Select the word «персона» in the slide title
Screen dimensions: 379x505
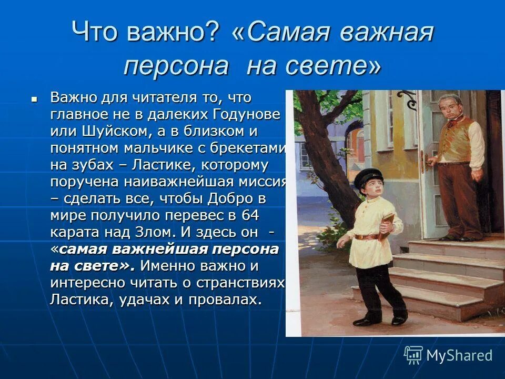(x=176, y=66)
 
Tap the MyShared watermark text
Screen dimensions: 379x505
(x=459, y=355)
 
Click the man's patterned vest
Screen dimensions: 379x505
(x=457, y=138)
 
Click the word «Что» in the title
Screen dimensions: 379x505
(x=93, y=33)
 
